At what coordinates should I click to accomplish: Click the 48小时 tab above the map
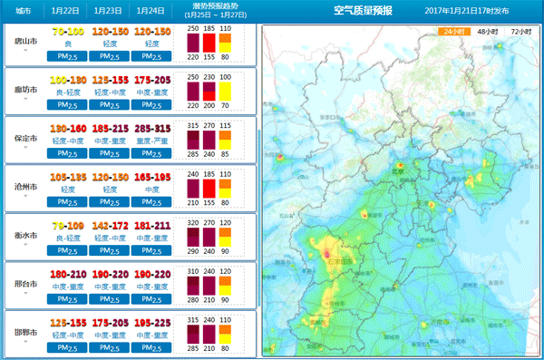(x=486, y=30)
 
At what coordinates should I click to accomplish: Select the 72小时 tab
(x=520, y=30)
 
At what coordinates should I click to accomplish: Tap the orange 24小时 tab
(x=452, y=30)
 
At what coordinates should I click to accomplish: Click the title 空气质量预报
(x=364, y=11)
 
